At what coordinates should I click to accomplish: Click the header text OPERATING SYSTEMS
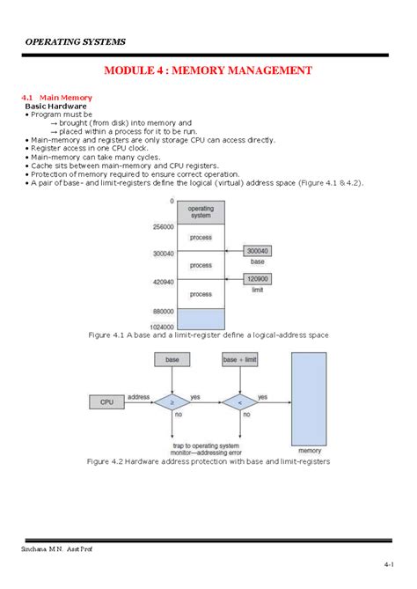[75, 41]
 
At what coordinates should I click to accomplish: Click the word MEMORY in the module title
[205, 69]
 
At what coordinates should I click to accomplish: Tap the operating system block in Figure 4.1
[201, 210]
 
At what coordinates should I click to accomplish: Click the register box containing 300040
[258, 251]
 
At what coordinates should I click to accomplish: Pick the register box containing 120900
[258, 278]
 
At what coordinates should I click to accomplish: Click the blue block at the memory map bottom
[201, 317]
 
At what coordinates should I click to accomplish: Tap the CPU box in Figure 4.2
[106, 402]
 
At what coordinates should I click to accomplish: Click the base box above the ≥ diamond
[172, 360]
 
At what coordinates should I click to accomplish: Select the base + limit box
[240, 360]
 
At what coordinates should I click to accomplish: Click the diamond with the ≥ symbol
[172, 402]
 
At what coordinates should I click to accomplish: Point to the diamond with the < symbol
[240, 402]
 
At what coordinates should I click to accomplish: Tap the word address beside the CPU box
[138, 398]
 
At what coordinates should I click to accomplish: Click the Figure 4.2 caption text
[208, 461]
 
